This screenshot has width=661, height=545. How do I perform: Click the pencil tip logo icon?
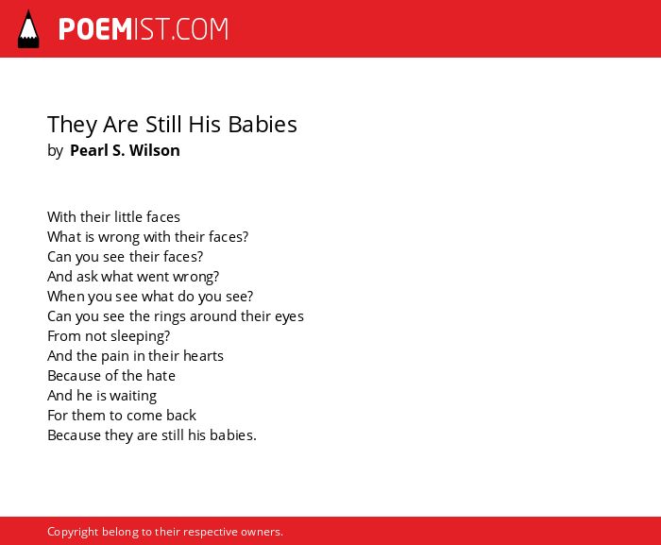click(28, 29)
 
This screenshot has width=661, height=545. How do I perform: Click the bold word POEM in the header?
click(95, 29)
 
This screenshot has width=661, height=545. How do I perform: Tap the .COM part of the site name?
click(199, 29)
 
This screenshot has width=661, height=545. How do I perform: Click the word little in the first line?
click(123, 217)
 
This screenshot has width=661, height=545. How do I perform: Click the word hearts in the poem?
click(203, 356)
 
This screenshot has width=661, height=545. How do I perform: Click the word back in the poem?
click(181, 416)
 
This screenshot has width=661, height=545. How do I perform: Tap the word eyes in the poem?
click(289, 316)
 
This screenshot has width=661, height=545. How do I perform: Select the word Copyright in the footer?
click(73, 532)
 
